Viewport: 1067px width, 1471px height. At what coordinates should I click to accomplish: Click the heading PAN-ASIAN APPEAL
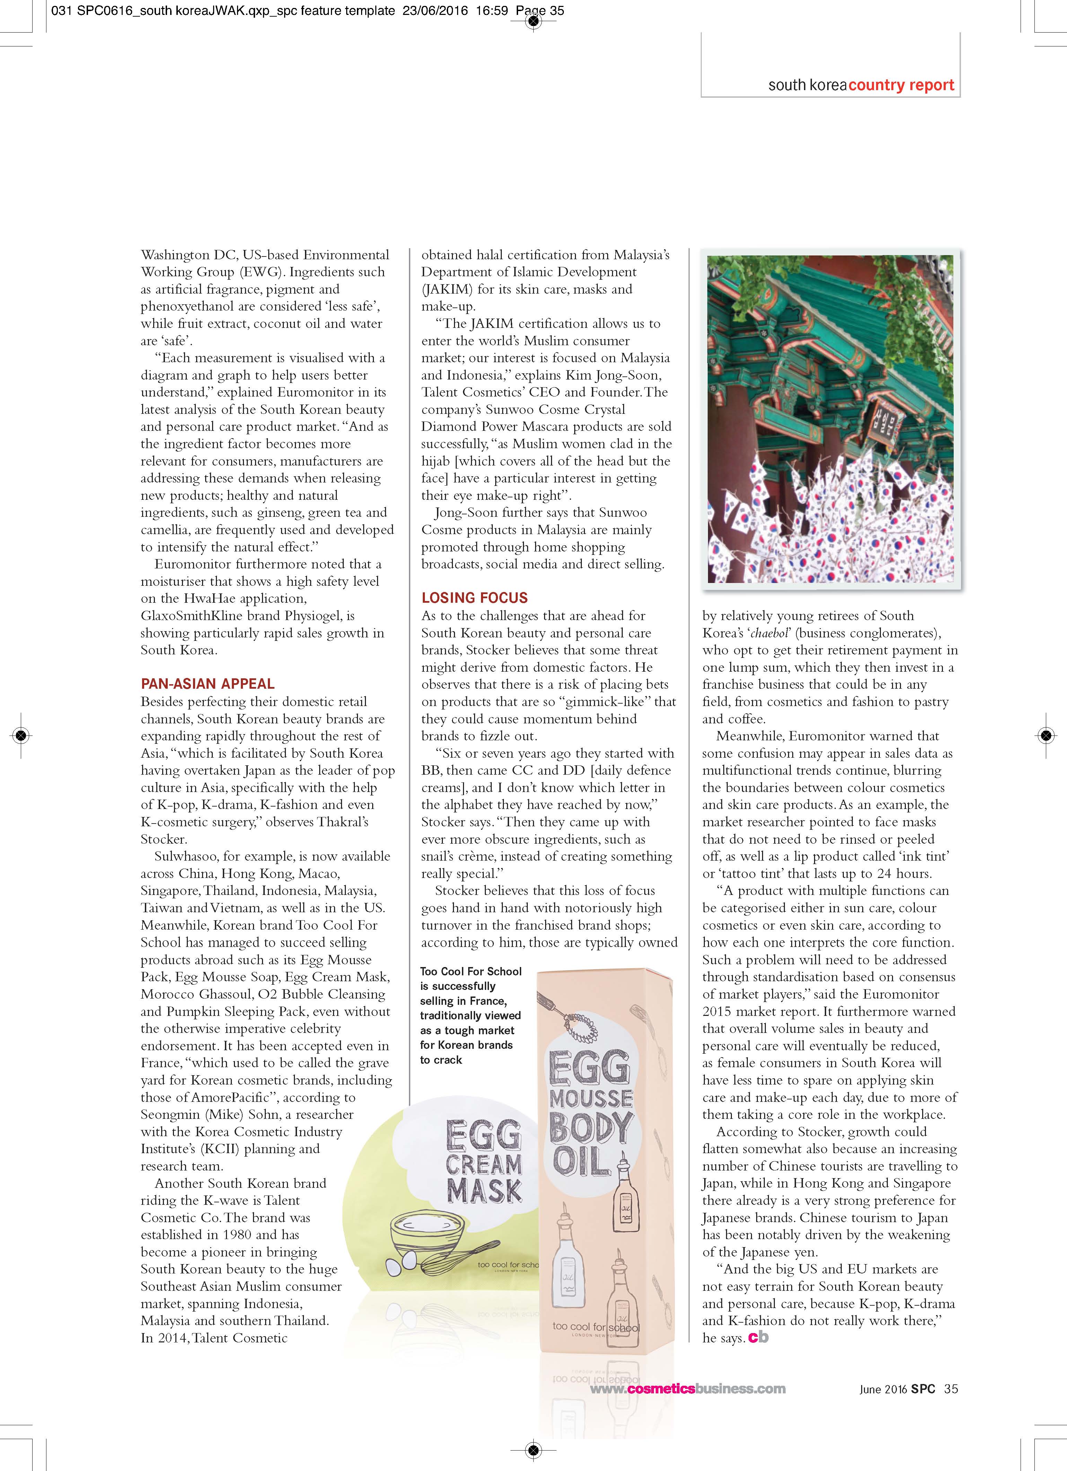click(x=208, y=684)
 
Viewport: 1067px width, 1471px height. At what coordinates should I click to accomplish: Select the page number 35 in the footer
click(x=951, y=1389)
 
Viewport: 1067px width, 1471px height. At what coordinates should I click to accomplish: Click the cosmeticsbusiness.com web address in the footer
click(x=688, y=1389)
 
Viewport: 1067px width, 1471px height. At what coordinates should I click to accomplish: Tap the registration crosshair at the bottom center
click(x=533, y=1450)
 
